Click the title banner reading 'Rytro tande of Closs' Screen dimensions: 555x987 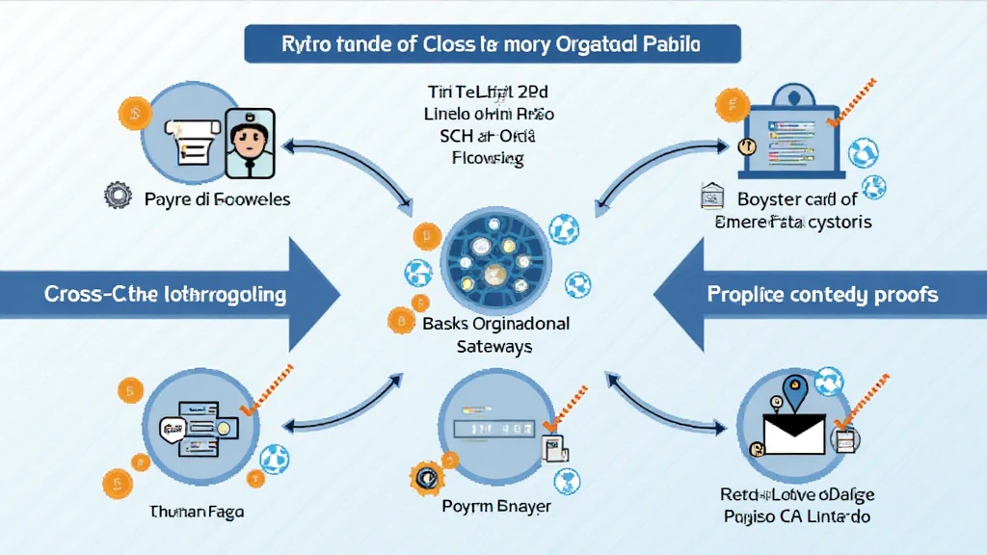pos(493,45)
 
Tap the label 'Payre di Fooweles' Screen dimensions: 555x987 pos(217,199)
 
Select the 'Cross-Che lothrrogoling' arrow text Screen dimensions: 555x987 pos(165,293)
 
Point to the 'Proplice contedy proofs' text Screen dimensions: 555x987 pos(822,293)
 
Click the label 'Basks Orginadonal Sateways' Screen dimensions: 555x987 pos(495,334)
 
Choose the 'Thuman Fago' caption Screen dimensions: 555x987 pos(196,512)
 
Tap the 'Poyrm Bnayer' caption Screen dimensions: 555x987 pos(496,506)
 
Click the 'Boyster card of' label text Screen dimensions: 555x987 pos(796,200)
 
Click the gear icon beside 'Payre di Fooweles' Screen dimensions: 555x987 pos(117,198)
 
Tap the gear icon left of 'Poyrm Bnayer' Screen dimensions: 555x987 pos(424,477)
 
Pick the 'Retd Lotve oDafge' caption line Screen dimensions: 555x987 pos(797,495)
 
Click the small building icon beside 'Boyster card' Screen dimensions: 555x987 pos(714,197)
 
